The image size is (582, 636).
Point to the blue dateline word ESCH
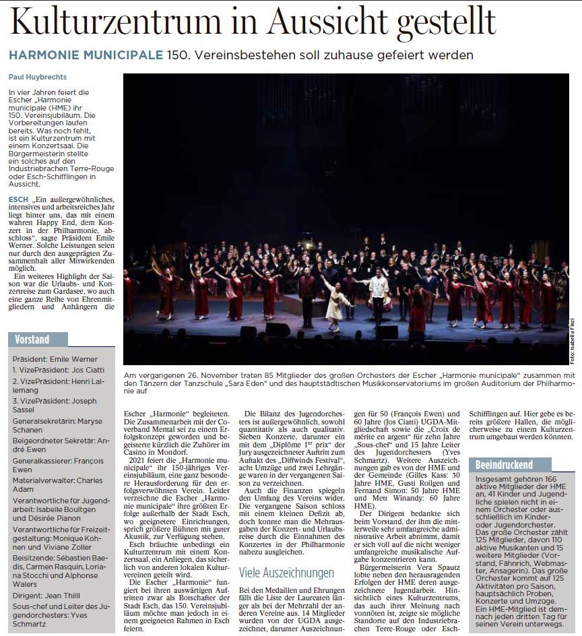tap(18, 199)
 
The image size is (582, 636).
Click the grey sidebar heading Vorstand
tap(31, 339)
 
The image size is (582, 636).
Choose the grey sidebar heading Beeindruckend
tap(504, 465)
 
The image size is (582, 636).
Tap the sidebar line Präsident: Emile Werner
tap(55, 359)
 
